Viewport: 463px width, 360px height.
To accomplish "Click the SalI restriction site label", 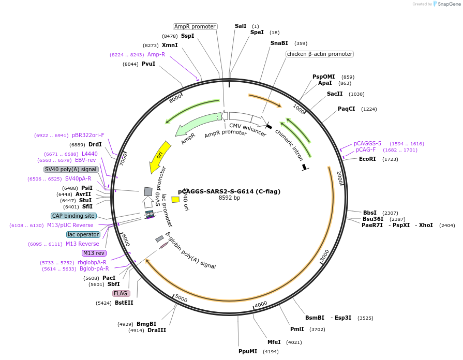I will pos(241,26).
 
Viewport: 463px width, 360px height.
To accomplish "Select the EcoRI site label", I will pos(367,159).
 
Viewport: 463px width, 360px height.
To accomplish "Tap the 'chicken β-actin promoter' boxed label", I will pos(319,54).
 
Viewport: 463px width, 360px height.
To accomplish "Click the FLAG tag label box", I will pos(121,293).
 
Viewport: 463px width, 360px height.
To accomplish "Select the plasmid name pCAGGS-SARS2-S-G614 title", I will pos(229,191).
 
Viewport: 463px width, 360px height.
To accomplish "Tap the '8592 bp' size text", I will pos(229,198).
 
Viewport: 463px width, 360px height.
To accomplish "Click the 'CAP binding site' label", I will pos(73,216).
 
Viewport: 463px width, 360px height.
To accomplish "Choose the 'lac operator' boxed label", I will pos(83,234).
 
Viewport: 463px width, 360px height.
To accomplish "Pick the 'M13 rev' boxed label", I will pos(94,253).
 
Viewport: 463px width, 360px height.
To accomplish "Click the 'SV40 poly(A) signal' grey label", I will pos(71,169).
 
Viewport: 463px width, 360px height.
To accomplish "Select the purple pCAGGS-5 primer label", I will pos(367,143).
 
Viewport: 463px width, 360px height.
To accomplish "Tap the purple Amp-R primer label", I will pos(156,54).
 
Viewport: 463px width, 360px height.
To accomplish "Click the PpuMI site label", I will pos(248,351).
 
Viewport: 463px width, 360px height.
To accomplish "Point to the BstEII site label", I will pos(124,303).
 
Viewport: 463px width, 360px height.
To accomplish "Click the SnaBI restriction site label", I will pos(279,43).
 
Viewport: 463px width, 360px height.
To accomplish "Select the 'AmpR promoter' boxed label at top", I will pos(195,26).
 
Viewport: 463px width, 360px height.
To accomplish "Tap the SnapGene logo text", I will pos(447,4).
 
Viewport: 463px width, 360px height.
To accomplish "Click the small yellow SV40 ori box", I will pos(175,200).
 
